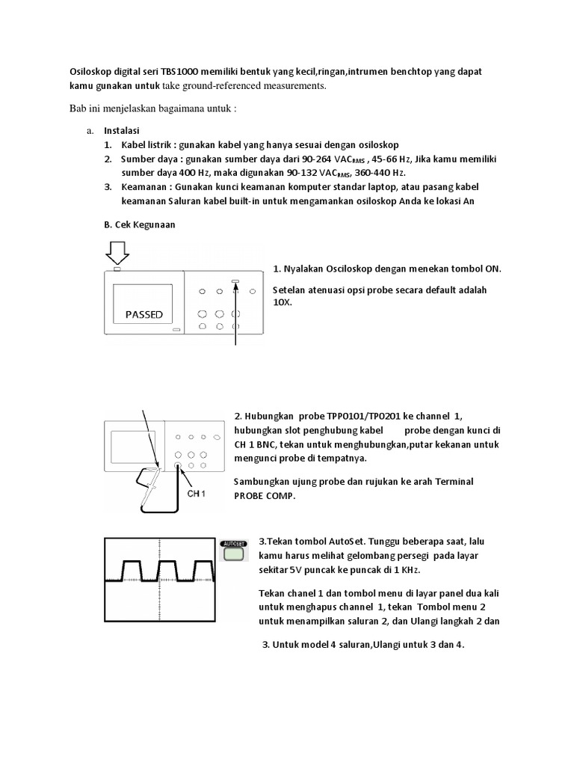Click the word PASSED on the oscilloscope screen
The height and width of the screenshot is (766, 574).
click(143, 314)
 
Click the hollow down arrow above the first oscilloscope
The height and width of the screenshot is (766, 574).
click(116, 251)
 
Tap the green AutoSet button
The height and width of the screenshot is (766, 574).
click(235, 554)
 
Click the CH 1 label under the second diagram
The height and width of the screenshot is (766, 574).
click(197, 494)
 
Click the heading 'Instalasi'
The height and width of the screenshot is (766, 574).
click(122, 130)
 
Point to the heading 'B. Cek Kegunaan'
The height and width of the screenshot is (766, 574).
click(139, 224)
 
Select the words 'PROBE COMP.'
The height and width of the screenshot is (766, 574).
click(263, 495)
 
